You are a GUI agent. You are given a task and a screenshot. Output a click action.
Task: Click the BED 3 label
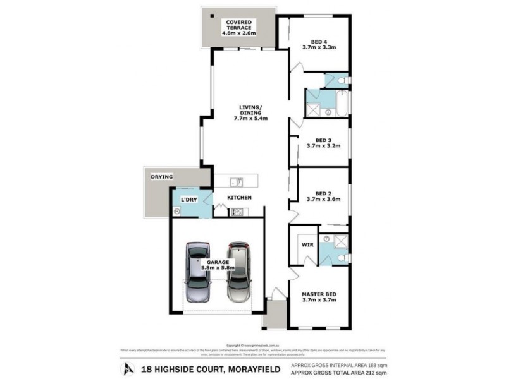click(323, 140)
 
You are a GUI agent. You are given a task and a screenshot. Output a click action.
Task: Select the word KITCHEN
click(240, 198)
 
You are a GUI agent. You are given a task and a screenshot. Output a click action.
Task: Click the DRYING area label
click(163, 177)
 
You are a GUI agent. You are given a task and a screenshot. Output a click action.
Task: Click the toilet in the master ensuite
click(341, 258)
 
